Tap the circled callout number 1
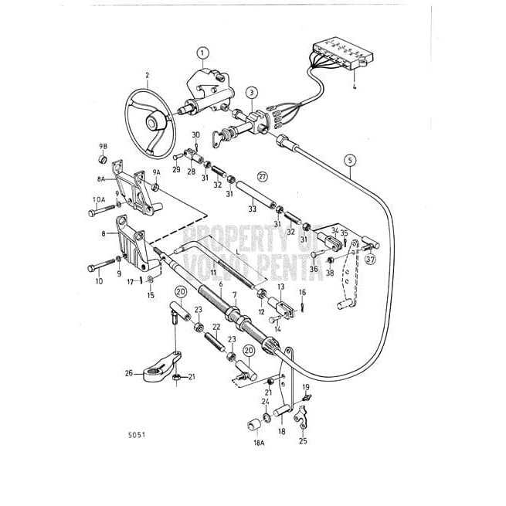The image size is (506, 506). (202, 53)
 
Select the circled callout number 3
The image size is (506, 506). (252, 93)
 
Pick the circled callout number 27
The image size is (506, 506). (263, 177)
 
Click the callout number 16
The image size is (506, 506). (302, 292)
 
